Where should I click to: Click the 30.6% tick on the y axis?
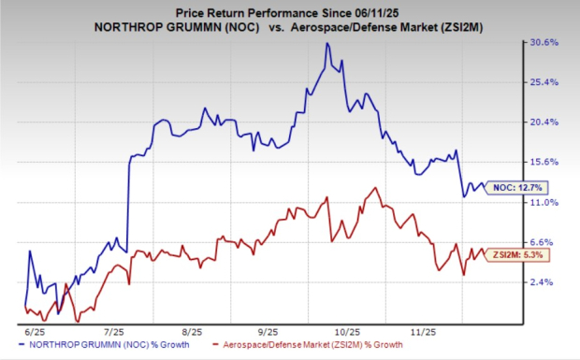(545, 42)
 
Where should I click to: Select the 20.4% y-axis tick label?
(545, 122)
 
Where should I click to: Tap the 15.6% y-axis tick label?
(545, 162)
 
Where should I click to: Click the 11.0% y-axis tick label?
(545, 201)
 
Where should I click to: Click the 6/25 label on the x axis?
(32, 331)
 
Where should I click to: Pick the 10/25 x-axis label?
(348, 331)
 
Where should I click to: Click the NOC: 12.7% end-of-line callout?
(516, 187)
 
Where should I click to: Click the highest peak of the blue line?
(326, 44)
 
